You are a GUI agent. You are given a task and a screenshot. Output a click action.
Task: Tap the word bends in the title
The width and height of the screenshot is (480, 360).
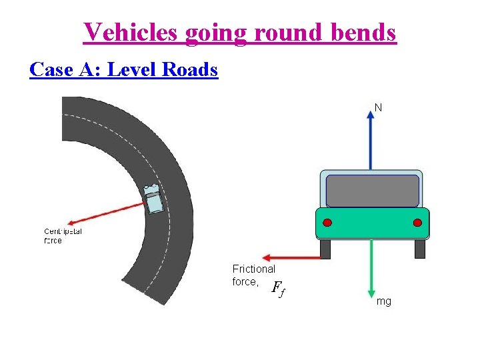[x=364, y=31]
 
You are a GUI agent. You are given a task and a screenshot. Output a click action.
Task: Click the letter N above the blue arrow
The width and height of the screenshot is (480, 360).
[x=378, y=107]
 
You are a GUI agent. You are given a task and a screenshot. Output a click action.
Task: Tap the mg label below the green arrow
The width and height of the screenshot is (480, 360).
[x=384, y=301]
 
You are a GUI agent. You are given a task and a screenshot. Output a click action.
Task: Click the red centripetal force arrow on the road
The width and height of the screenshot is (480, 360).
[x=107, y=213]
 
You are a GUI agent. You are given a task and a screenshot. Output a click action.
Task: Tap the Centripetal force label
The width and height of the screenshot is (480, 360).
[x=63, y=236]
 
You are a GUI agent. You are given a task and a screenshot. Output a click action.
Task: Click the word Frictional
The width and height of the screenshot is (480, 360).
[x=253, y=269]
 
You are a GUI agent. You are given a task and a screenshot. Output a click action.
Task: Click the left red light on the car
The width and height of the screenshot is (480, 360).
[x=327, y=223]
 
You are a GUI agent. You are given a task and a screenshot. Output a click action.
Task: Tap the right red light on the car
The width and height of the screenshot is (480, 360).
[x=417, y=223]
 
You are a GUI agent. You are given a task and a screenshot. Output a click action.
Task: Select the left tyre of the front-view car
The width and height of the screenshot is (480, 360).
[x=325, y=249]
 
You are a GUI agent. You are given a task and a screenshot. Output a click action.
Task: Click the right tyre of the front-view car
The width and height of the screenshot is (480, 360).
[x=419, y=249]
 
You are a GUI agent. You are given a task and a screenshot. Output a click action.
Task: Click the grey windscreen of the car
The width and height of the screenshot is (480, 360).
[x=372, y=191]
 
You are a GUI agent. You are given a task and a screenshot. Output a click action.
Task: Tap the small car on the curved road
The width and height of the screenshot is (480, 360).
[x=154, y=198]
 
